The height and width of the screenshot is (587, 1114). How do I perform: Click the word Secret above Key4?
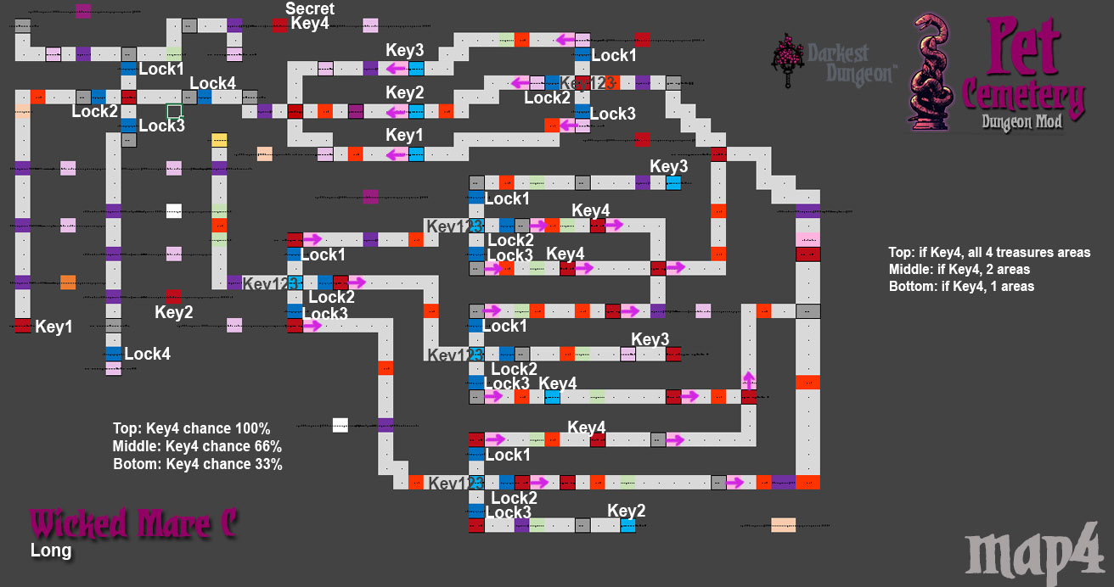(310, 8)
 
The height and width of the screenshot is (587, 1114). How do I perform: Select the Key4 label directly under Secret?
(310, 24)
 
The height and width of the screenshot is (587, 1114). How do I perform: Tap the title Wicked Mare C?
(133, 523)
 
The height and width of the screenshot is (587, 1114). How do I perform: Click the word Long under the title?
(51, 551)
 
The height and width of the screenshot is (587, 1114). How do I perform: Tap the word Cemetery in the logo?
(1024, 98)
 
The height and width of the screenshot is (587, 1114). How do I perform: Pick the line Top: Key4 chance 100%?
(191, 428)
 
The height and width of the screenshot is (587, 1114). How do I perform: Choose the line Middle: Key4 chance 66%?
(197, 446)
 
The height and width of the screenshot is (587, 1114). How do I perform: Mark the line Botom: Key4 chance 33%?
(197, 464)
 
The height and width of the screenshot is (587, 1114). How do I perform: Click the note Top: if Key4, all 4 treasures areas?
(989, 252)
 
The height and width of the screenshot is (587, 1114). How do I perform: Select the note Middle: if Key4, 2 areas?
(959, 269)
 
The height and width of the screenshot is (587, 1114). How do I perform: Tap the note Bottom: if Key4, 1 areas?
(961, 286)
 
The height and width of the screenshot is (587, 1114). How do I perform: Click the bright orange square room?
(68, 282)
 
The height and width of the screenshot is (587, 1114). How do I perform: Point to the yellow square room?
(219, 140)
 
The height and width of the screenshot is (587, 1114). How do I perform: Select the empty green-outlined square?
(174, 111)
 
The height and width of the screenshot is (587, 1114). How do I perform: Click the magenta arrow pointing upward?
(749, 379)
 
